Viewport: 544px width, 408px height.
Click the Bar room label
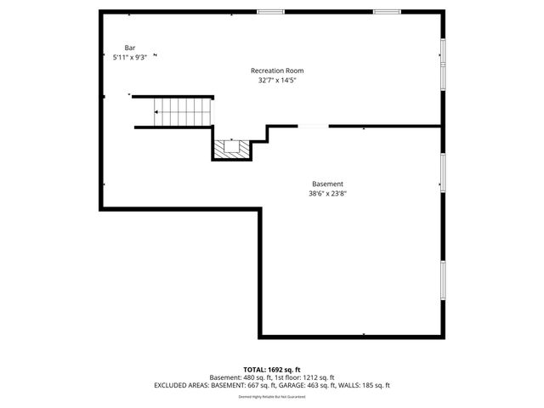(x=130, y=48)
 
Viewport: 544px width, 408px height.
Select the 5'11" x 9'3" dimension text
(x=130, y=57)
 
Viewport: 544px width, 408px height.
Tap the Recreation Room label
(x=277, y=71)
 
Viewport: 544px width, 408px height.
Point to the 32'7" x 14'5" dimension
(x=277, y=81)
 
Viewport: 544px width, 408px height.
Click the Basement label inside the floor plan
(x=327, y=184)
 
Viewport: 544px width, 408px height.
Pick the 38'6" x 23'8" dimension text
(x=327, y=194)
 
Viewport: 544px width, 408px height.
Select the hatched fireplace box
(x=231, y=149)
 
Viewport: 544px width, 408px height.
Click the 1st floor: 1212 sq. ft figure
(x=304, y=377)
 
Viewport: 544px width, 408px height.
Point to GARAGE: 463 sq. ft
(x=317, y=385)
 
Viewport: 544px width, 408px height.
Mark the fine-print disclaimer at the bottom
(x=272, y=396)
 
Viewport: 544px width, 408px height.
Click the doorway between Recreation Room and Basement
(x=313, y=127)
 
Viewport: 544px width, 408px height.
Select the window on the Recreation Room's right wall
(x=442, y=63)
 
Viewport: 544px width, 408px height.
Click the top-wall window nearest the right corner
(x=388, y=11)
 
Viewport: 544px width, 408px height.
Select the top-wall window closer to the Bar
(x=270, y=11)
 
